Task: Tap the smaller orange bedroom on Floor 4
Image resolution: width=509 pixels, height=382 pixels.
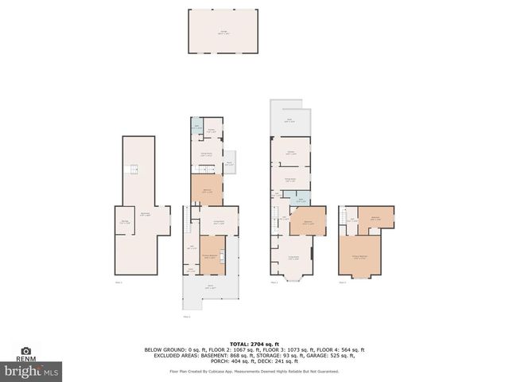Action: [375, 218]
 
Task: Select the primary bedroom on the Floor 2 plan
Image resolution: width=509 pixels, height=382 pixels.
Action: [211, 255]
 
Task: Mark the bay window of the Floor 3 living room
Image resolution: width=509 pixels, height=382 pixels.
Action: [290, 277]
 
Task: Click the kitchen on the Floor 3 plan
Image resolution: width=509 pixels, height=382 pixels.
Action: [290, 151]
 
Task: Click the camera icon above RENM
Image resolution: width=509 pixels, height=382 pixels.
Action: [26, 350]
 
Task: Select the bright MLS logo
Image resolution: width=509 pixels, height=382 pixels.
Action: [32, 370]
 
